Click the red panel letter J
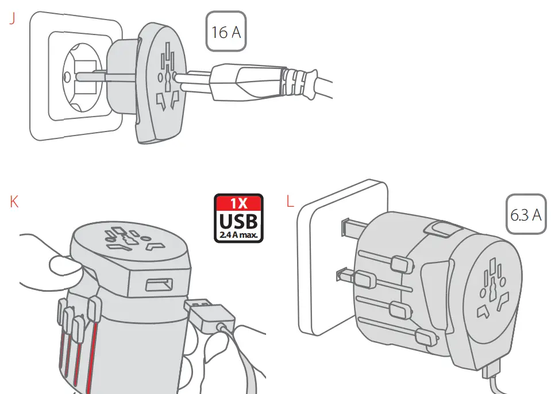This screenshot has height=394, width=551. click(x=12, y=18)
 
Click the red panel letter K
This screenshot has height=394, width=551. click(x=14, y=202)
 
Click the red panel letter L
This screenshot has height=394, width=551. click(x=290, y=202)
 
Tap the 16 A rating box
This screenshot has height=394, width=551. click(x=226, y=32)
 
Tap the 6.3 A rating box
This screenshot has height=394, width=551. click(x=526, y=215)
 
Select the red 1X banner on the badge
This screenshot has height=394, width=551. click(x=238, y=203)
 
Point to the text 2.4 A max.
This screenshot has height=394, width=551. click(x=238, y=234)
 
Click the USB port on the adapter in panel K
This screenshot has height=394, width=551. click(x=157, y=285)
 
